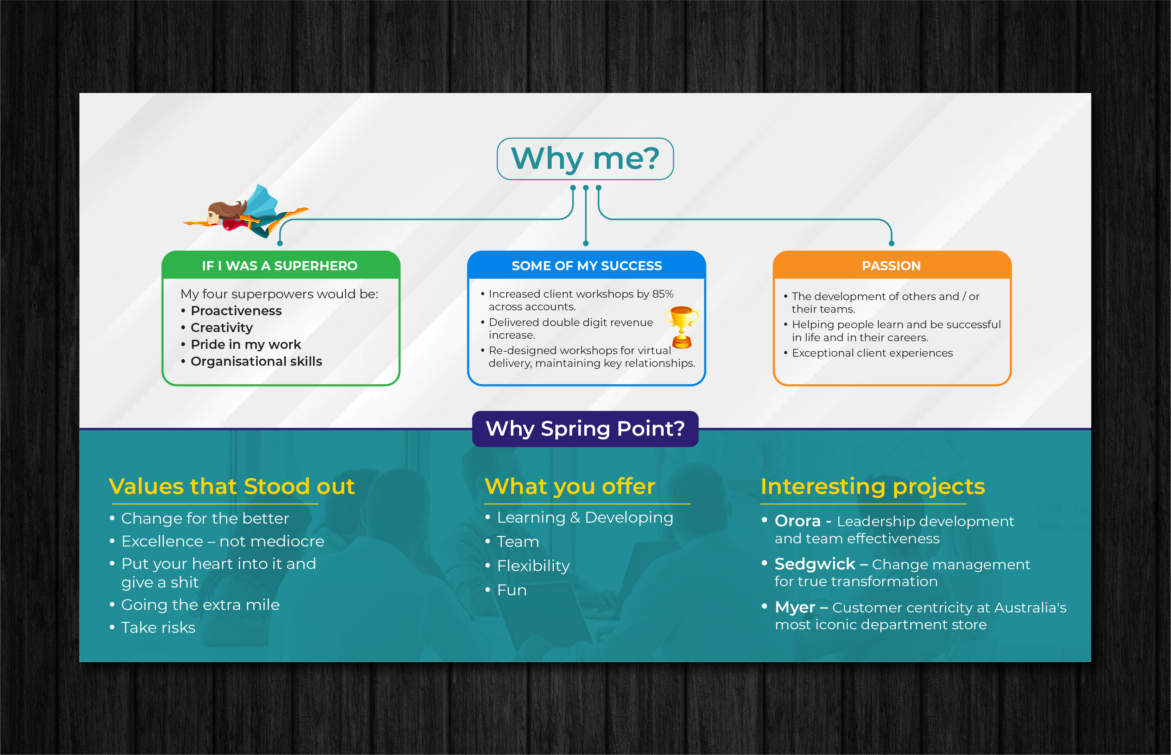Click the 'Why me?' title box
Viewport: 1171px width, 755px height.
585,159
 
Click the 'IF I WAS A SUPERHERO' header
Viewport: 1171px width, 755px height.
280,266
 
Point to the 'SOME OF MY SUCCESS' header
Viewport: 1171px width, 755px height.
587,266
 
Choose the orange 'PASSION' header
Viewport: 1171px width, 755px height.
892,266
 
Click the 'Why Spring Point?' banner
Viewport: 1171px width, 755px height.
585,429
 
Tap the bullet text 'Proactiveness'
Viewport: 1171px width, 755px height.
236,311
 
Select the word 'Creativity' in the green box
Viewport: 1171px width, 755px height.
222,327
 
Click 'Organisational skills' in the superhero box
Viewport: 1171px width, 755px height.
256,361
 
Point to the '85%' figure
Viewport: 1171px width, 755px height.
663,294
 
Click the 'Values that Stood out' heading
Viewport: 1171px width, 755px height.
232,486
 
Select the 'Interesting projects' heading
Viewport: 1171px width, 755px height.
873,487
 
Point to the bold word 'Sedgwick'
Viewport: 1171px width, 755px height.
815,564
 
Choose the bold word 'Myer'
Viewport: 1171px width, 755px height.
795,608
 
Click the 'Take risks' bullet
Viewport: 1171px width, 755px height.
158,628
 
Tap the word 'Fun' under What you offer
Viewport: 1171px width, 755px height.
512,590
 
